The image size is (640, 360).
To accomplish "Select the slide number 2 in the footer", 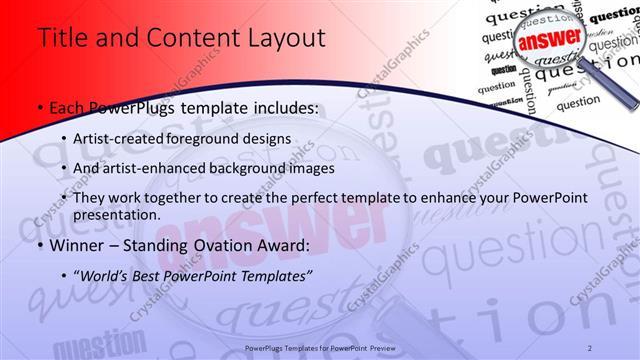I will pos(590,347).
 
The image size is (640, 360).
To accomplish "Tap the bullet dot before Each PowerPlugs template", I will pos(39,106).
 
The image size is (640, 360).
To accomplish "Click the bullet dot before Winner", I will pos(39,243).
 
